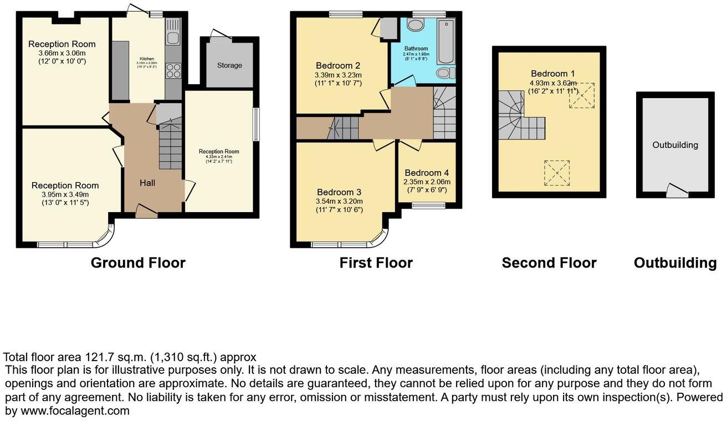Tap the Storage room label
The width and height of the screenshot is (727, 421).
click(x=229, y=65)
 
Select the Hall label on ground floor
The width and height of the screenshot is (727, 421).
click(x=147, y=183)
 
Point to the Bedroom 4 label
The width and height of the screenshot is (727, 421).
click(x=427, y=172)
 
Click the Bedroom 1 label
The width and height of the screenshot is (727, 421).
click(x=549, y=74)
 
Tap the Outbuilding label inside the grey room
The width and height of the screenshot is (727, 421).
click(x=675, y=145)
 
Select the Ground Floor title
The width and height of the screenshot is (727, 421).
click(x=138, y=263)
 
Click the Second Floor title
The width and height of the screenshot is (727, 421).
click(x=549, y=263)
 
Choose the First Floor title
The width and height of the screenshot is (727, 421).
click(x=376, y=263)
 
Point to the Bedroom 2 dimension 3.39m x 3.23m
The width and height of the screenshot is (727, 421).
click(x=339, y=75)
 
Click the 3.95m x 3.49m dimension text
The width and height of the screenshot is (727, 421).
click(x=65, y=194)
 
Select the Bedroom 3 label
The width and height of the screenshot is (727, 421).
click(x=339, y=192)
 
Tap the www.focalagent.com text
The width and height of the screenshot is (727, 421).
click(x=75, y=411)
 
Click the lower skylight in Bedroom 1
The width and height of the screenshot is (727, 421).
click(x=557, y=173)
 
